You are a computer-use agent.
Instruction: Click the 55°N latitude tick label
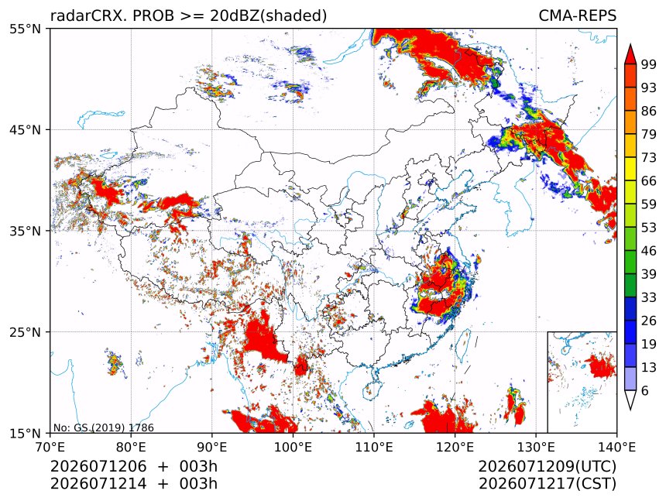point(25,29)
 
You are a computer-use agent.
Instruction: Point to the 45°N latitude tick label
point(25,129)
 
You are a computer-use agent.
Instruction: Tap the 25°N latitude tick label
point(25,332)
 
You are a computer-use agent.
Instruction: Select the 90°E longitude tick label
point(212,447)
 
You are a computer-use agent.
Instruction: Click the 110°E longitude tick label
point(374,447)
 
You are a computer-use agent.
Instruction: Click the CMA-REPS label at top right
point(577,15)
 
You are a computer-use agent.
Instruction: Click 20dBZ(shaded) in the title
point(268,16)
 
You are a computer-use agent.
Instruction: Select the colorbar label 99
point(649,64)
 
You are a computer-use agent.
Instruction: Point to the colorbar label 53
point(649,228)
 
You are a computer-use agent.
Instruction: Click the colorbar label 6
point(645,390)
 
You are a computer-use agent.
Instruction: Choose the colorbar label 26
point(649,321)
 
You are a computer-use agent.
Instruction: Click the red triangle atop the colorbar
point(630,55)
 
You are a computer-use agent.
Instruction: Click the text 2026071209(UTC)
point(547,466)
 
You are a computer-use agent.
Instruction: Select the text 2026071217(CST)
point(547,484)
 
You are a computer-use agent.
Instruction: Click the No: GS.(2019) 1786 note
point(103,427)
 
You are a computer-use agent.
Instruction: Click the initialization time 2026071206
point(98,466)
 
